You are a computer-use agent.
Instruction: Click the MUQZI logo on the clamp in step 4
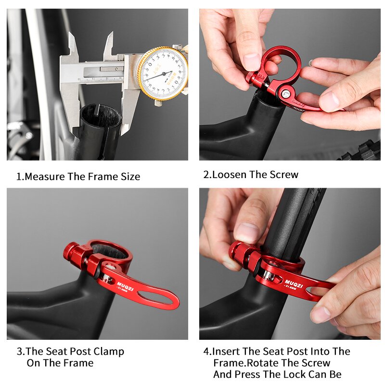coord(294,283)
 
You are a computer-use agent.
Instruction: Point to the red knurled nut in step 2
coord(250,76)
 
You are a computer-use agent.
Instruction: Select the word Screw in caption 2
coord(284,175)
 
